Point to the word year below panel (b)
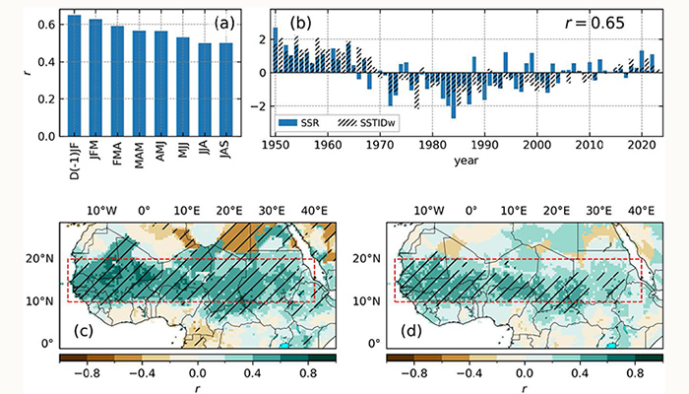coord(458,160)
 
